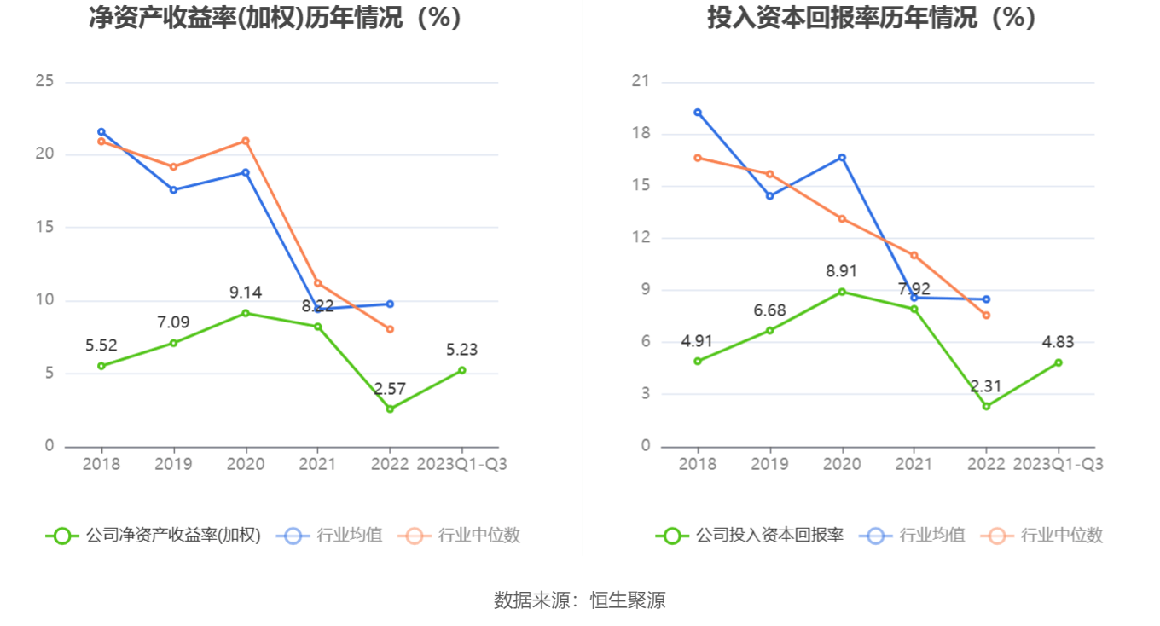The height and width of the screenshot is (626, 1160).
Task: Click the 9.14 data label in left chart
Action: pos(246,293)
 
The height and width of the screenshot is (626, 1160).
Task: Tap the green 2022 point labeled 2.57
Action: pos(390,409)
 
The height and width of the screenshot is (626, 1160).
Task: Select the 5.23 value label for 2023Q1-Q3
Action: pos(461,350)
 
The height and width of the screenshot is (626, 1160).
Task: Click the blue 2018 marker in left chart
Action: pos(101,132)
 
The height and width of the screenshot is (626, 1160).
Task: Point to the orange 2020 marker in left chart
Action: pos(246,141)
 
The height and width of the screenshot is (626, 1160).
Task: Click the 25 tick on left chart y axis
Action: pos(44,82)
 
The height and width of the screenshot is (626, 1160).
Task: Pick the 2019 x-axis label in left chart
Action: pos(173,464)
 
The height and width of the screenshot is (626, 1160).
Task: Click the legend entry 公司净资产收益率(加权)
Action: pos(154,536)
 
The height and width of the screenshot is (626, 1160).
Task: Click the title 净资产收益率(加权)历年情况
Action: pos(275,18)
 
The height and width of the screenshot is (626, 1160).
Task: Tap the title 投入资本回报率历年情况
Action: pos(872,18)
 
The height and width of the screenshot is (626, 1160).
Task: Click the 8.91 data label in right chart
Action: pos(842,271)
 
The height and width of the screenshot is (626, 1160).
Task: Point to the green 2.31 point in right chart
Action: pos(987,406)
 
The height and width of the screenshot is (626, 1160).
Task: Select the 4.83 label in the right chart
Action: pos(1058,342)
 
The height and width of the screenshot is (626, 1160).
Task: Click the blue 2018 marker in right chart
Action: pos(698,113)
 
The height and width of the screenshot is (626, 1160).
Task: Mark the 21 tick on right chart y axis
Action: pos(641,82)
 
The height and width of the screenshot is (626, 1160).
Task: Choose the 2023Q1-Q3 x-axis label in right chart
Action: pos(1058,464)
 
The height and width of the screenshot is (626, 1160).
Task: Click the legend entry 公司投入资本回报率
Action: pos(750,536)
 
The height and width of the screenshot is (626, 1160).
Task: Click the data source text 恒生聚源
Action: pos(628,600)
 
